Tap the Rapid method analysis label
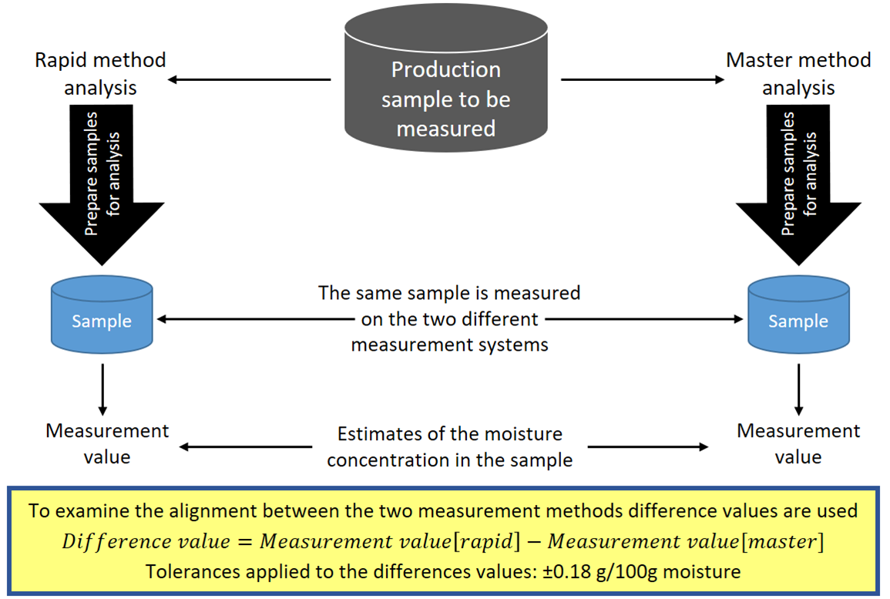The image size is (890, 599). click(100, 74)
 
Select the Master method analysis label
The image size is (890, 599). click(798, 74)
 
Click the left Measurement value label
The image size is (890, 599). click(107, 443)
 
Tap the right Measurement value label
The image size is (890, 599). click(798, 443)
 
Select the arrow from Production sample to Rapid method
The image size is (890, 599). click(250, 79)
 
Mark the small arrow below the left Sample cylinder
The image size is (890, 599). click(102, 390)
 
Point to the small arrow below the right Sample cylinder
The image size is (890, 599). click(799, 390)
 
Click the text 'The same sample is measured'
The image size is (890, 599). click(449, 293)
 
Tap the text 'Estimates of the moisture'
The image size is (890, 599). click(449, 434)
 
